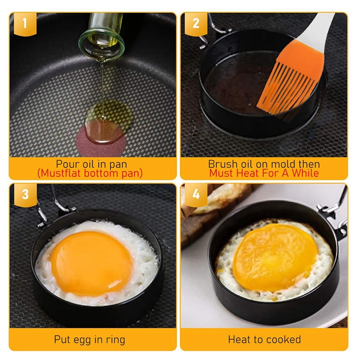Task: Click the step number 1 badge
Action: click(x=25, y=24)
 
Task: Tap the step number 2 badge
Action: click(x=196, y=24)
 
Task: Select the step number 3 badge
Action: click(x=25, y=195)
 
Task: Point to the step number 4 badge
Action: click(x=196, y=195)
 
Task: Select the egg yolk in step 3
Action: click(x=91, y=263)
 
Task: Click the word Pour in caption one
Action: click(x=66, y=164)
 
